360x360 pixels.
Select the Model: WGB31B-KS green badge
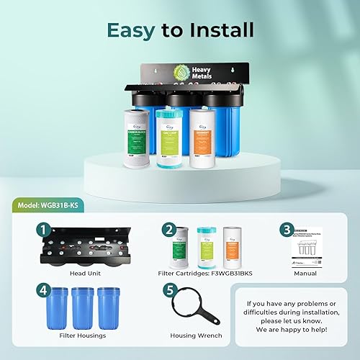[53, 204]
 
